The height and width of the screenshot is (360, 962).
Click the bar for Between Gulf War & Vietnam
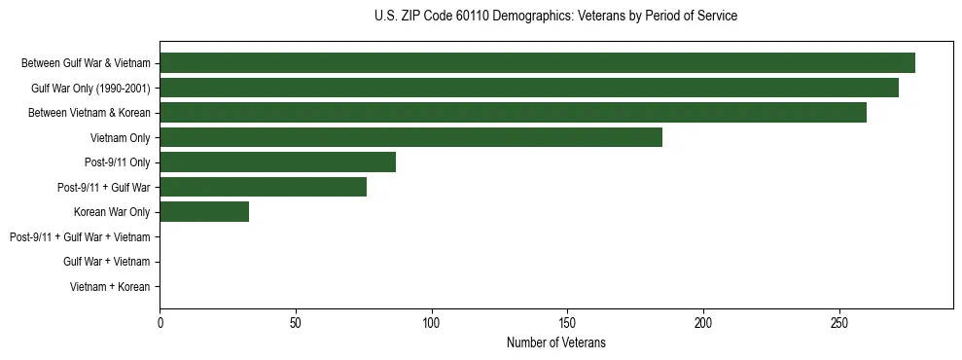[537, 63]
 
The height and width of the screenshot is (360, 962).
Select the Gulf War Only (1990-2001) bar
[528, 88]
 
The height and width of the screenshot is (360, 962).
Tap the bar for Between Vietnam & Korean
[513, 113]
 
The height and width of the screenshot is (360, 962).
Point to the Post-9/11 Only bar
[277, 162]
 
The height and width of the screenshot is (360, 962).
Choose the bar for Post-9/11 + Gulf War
[263, 187]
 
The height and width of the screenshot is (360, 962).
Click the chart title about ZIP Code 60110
[555, 16]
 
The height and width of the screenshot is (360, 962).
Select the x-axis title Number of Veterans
[555, 342]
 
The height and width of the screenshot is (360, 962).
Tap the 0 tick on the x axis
[160, 322]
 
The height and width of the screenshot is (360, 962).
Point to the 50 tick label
[296, 322]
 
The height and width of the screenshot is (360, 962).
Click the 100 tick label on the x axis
[432, 322]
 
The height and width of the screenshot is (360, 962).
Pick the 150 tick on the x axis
[567, 322]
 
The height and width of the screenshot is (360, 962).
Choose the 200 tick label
[703, 322]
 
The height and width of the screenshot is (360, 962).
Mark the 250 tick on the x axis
[839, 322]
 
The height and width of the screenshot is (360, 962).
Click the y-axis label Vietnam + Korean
[110, 287]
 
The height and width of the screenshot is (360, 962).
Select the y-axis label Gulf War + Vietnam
[106, 262]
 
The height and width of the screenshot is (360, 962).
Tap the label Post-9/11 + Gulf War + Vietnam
[80, 237]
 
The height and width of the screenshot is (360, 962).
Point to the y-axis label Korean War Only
[112, 212]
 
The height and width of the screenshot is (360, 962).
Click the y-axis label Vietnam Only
[120, 138]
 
